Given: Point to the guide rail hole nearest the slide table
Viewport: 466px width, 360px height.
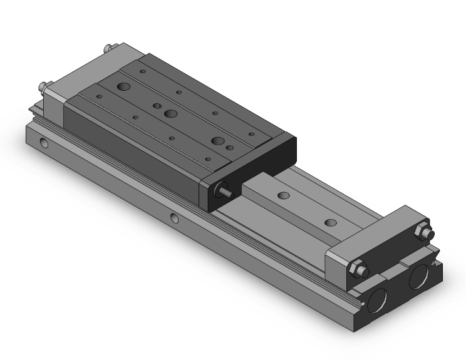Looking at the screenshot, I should (283, 196).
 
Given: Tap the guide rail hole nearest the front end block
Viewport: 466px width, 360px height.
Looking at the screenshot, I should (329, 222).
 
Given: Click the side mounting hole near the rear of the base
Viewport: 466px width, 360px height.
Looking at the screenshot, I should (43, 143).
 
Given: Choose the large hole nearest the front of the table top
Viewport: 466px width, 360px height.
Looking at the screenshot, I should (217, 141).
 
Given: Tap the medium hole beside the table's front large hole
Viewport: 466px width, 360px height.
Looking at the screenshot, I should (230, 148).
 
